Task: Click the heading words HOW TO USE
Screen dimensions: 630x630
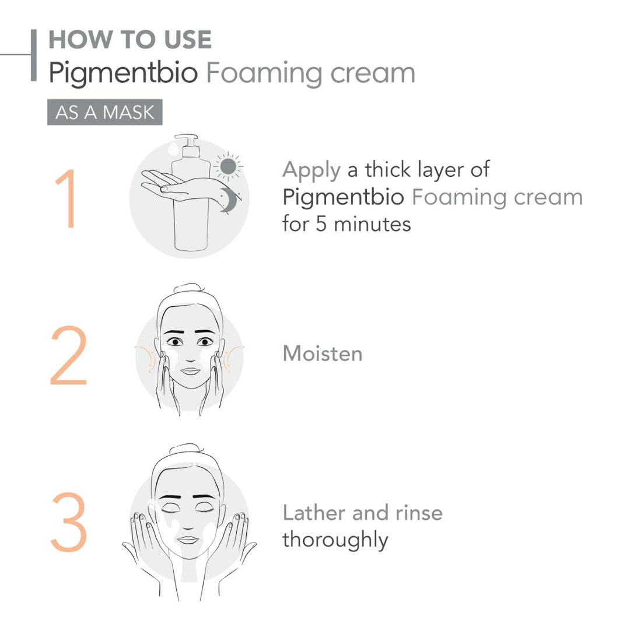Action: coord(129,40)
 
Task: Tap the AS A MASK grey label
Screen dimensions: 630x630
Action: coord(104,112)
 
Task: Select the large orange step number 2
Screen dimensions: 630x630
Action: coord(68,356)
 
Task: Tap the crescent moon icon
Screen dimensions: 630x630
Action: coord(228,201)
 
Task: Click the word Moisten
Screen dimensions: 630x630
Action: coord(322,354)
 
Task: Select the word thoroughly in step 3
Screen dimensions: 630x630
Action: coord(335,540)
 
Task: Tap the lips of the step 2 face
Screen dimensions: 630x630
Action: coord(190,371)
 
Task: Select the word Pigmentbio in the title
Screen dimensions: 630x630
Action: coord(123,73)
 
